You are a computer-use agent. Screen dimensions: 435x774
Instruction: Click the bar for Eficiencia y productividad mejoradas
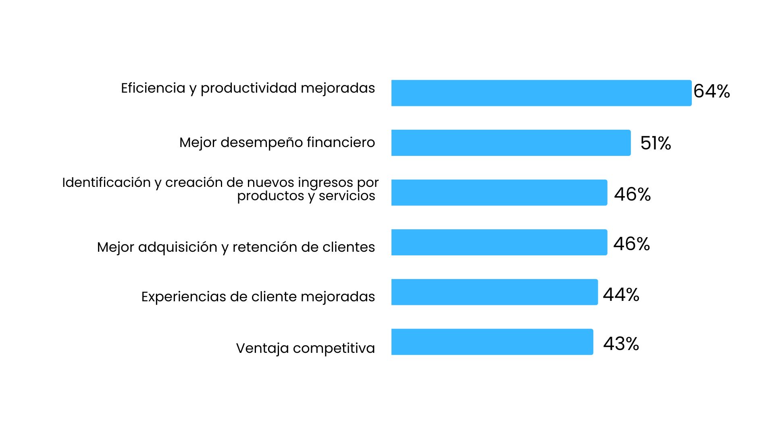(541, 93)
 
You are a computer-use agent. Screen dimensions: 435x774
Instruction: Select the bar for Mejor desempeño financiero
(511, 143)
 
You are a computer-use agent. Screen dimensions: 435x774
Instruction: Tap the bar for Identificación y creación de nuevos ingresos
(499, 193)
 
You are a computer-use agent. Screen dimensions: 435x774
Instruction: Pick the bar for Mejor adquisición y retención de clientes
(499, 242)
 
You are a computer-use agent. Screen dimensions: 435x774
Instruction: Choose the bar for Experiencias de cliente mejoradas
(494, 292)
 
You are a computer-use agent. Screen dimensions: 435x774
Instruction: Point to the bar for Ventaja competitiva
(492, 342)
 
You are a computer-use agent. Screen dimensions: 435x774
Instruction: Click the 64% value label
(712, 91)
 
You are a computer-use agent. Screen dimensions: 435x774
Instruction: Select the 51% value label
(655, 143)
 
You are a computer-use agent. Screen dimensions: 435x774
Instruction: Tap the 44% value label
(621, 295)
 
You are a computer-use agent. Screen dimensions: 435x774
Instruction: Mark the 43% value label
(621, 344)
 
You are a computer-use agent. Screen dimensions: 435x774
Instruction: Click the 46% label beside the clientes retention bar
(631, 244)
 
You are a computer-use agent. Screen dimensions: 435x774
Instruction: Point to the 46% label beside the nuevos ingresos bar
(632, 195)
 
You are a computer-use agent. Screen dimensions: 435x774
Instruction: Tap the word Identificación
(106, 182)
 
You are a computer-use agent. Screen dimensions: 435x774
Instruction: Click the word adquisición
(177, 247)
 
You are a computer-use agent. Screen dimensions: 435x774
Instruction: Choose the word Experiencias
(183, 297)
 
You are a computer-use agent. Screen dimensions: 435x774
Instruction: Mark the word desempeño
(261, 143)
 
